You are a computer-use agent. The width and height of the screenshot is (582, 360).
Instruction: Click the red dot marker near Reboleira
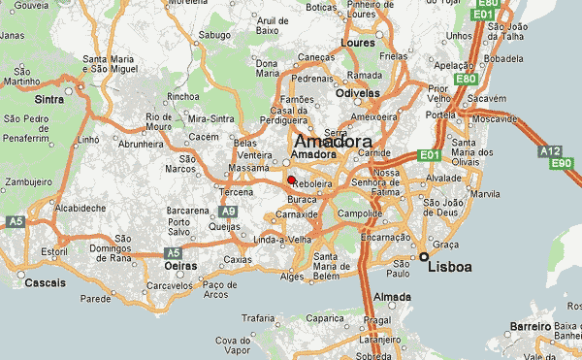(291, 180)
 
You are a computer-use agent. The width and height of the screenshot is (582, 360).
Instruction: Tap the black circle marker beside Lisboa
(424, 256)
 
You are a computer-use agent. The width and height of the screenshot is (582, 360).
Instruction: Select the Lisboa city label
(449, 266)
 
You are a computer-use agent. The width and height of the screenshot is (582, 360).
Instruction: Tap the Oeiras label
(181, 265)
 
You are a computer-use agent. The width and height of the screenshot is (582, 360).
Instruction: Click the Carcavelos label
(170, 286)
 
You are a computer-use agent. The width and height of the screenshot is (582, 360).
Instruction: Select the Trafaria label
(258, 317)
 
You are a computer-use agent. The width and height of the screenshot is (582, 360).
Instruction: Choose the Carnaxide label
(297, 213)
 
